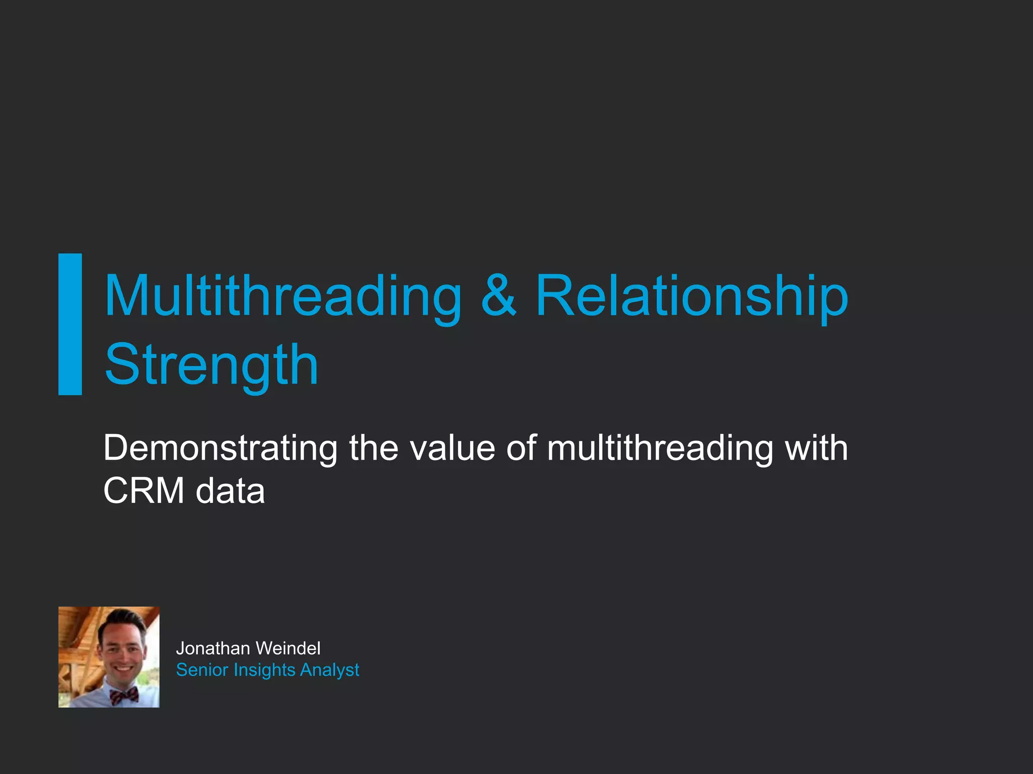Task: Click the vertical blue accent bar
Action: (70, 324)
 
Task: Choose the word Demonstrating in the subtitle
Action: (220, 448)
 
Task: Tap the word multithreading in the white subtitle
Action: (660, 448)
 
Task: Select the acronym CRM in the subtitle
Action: (144, 491)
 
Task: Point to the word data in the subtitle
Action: (230, 491)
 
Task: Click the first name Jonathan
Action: (212, 649)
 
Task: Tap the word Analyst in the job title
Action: (329, 670)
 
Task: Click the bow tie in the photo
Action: (124, 695)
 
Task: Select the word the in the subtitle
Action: (374, 448)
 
